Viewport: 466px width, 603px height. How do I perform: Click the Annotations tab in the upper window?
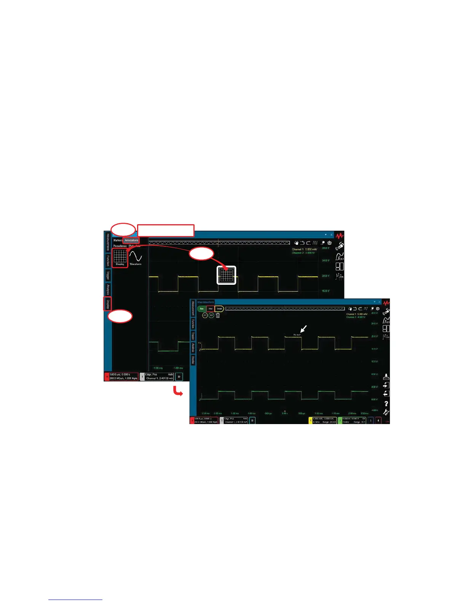point(131,240)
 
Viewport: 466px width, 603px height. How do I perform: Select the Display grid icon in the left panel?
point(120,258)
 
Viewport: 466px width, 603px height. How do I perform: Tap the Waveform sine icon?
point(136,257)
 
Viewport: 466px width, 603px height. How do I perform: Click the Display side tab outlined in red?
point(108,304)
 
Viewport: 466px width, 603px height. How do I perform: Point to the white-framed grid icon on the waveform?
point(227,275)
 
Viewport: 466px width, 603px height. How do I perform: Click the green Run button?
point(202,309)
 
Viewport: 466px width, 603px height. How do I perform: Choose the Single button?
point(219,309)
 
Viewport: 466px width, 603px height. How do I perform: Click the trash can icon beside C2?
point(218,315)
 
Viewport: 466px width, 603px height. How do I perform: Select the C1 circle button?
point(205,315)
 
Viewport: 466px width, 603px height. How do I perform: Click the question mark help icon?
point(386,404)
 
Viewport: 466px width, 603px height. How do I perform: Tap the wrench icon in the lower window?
point(386,412)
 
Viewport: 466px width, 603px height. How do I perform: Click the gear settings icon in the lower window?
point(378,309)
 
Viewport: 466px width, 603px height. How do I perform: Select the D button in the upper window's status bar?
point(179,376)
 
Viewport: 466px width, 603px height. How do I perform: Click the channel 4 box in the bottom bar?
point(378,420)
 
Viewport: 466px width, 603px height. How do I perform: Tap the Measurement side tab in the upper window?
point(108,242)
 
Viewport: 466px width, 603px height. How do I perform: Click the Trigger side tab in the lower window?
point(193,336)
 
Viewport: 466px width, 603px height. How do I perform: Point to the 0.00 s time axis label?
point(284,413)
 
